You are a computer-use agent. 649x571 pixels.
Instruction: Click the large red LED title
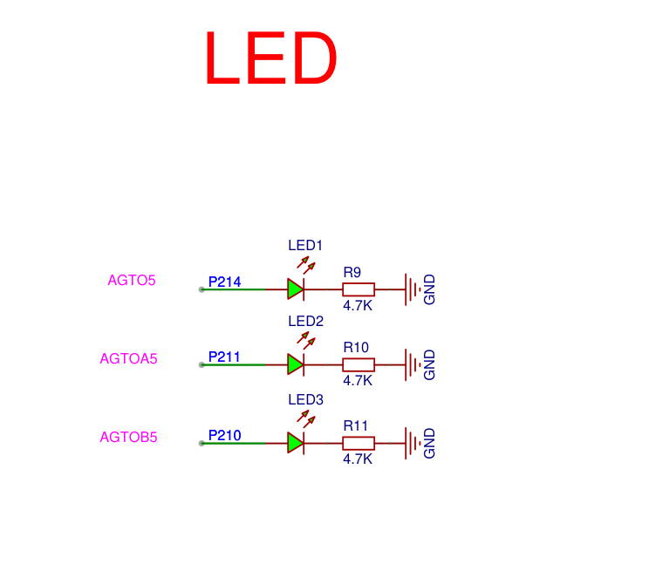pos(270,58)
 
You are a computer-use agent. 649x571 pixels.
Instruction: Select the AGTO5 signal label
pos(132,280)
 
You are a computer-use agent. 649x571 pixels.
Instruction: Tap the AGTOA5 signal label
pos(129,358)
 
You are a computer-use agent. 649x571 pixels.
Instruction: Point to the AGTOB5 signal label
pos(129,437)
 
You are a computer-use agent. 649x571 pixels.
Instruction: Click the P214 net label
pos(224,282)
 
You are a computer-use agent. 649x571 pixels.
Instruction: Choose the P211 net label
pos(224,357)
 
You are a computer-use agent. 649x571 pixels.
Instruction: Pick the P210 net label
pos(224,435)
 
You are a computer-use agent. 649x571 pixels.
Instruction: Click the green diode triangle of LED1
pos(295,289)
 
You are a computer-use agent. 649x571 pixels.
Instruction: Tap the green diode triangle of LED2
pos(295,364)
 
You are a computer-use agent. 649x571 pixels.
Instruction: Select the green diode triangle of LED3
pos(295,443)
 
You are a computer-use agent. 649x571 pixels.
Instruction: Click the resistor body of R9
pos(359,289)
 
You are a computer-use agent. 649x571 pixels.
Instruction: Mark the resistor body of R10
pos(359,364)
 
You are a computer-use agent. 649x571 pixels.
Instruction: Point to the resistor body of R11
pos(359,443)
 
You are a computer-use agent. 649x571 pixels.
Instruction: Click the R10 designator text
pos(356,347)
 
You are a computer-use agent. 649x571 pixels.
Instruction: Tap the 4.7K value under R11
pos(358,459)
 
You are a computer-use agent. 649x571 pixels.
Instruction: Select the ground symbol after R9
pos(413,289)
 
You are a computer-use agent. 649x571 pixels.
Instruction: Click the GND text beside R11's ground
pos(429,443)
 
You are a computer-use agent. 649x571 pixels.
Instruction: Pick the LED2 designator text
pos(305,321)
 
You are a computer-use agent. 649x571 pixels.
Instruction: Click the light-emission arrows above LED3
pos(306,418)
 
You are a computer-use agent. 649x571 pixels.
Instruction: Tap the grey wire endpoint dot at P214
pos(202,289)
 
